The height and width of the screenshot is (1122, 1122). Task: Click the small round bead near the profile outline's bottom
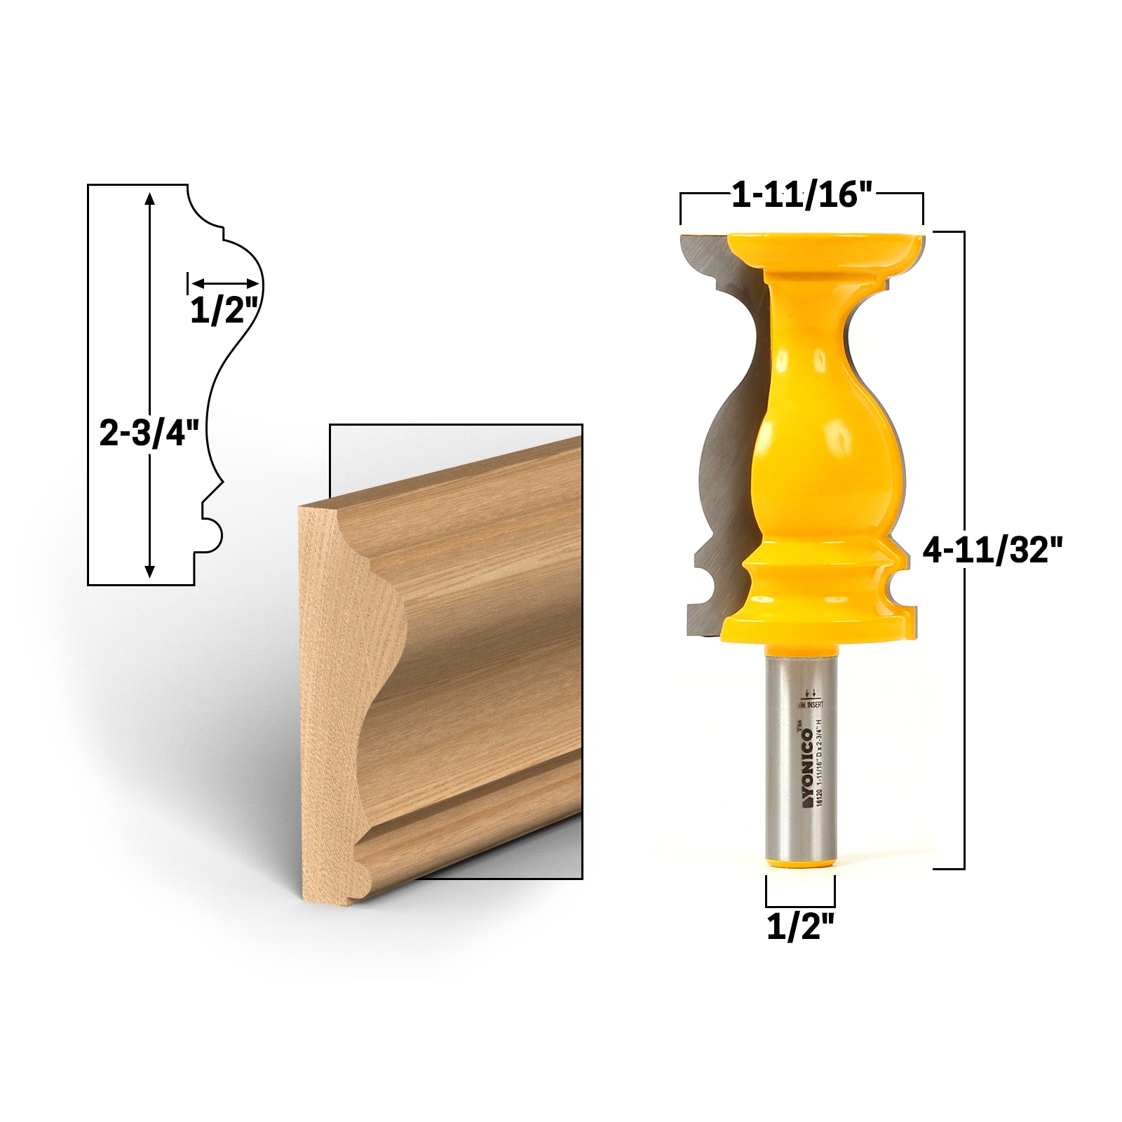click(x=214, y=534)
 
